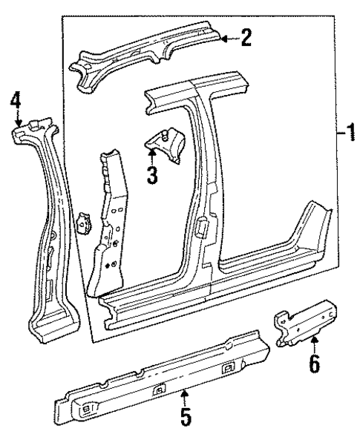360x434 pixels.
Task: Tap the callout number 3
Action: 152,177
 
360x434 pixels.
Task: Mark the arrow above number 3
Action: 151,154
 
